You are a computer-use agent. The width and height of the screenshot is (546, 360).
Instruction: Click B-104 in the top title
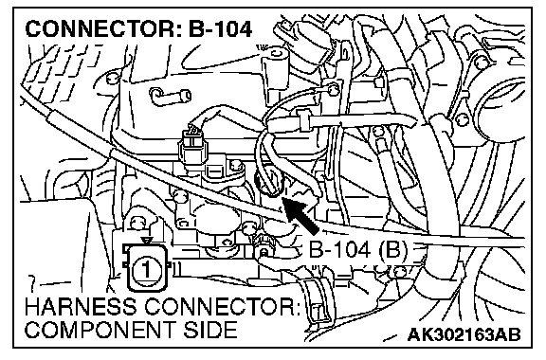coord(220,29)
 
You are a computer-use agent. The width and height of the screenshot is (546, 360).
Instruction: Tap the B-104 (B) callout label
coord(357,250)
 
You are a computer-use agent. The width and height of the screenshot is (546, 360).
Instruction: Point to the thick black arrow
coord(300,215)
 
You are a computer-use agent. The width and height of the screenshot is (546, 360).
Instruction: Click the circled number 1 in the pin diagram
coord(146,268)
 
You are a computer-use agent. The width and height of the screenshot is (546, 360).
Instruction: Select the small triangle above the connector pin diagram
coord(147,241)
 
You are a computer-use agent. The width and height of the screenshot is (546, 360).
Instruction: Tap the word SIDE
coord(210,330)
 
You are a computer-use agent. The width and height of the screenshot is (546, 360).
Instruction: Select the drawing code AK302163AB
coord(464,335)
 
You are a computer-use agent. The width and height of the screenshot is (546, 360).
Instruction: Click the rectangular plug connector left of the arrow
coord(191,148)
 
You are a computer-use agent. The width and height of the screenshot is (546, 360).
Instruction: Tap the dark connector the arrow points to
coord(269,184)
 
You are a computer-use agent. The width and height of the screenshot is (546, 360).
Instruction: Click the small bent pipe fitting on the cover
coord(171,95)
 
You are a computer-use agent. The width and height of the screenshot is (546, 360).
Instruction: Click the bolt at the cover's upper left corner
coord(112,78)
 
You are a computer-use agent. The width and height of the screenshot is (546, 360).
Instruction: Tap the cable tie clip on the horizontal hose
coord(304,119)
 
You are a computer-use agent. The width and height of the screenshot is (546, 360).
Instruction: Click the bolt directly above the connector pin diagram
coord(136,223)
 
